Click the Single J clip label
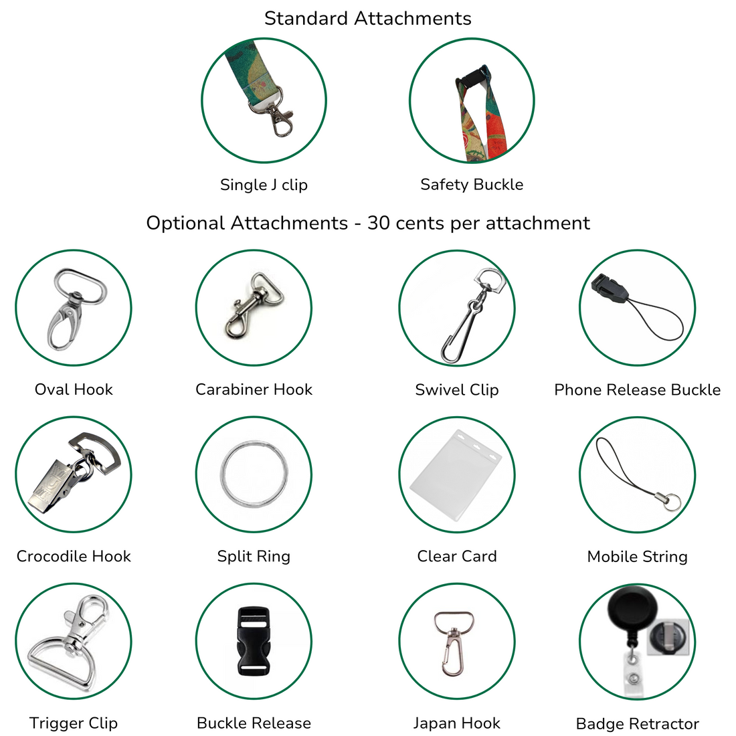pyautogui.click(x=264, y=185)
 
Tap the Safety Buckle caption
pyautogui.click(x=472, y=185)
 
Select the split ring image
pyautogui.click(x=254, y=474)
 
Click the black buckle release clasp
pyautogui.click(x=254, y=641)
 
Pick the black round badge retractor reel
pyautogui.click(x=632, y=612)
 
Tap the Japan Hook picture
pyautogui.click(x=452, y=643)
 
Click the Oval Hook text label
pyautogui.click(x=74, y=389)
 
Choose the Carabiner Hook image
pyautogui.click(x=254, y=305)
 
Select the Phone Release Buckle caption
pyautogui.click(x=637, y=389)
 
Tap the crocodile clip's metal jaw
pyautogui.click(x=52, y=488)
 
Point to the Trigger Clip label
pyautogui.click(x=73, y=723)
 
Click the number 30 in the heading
pyautogui.click(x=379, y=223)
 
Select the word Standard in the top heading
pyautogui.click(x=306, y=18)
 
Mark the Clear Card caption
pyautogui.click(x=457, y=556)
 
